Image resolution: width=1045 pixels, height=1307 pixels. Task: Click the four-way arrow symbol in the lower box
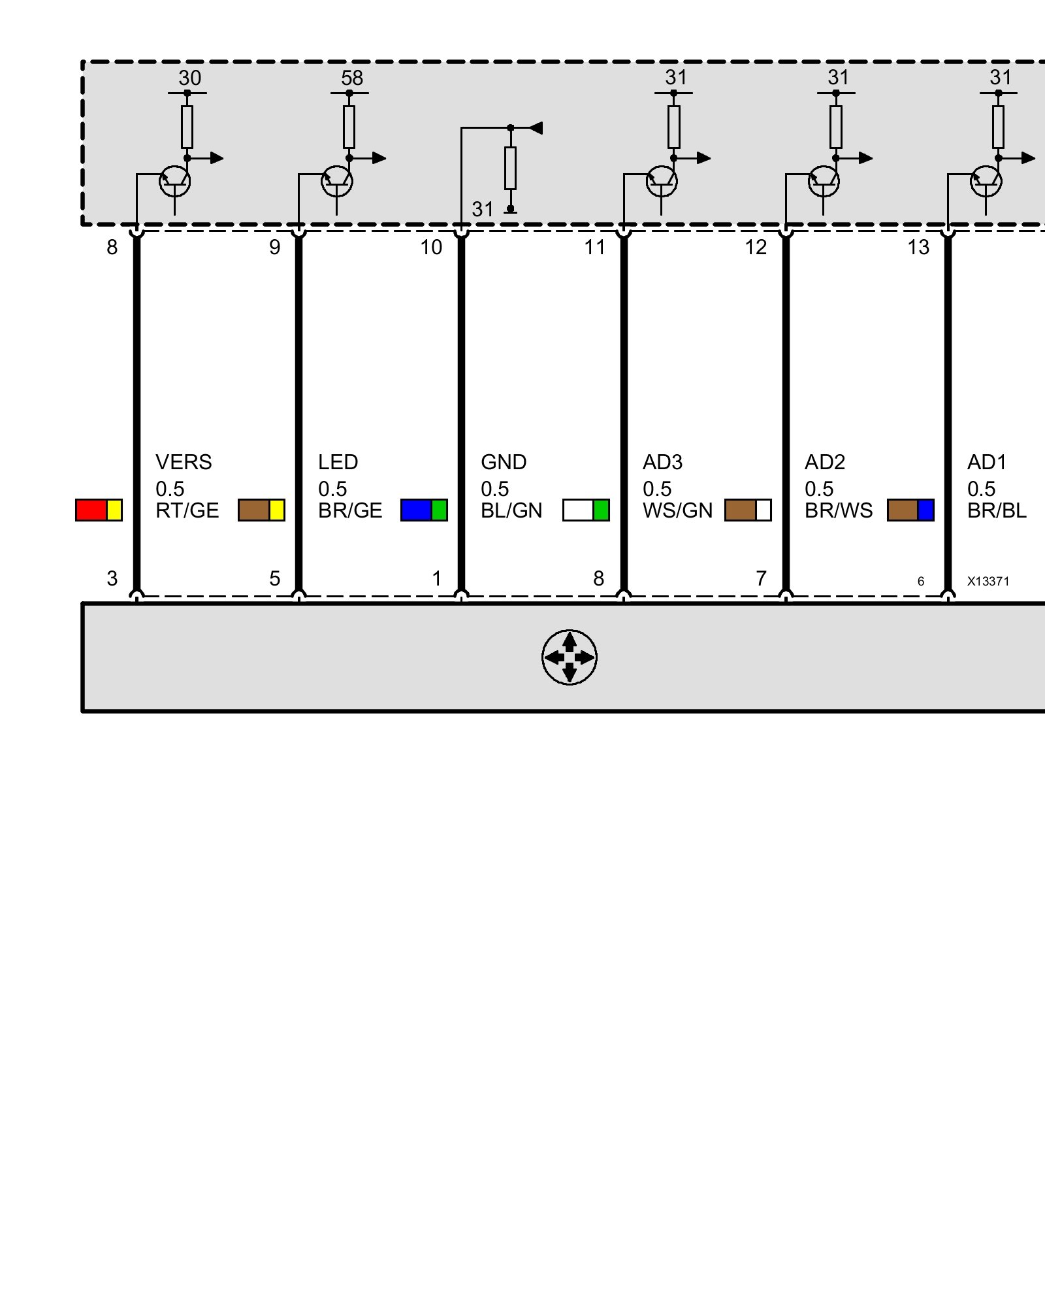pos(569,657)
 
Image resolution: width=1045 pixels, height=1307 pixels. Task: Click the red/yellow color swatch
pos(99,510)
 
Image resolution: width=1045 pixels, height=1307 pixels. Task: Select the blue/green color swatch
pos(424,510)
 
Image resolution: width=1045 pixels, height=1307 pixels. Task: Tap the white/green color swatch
pos(586,510)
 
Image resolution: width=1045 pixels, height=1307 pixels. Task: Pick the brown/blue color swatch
pos(910,510)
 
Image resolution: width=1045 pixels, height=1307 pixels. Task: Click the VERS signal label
pos(184,462)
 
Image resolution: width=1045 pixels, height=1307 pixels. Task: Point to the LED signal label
pos(338,462)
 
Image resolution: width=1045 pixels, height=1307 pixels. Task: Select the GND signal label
pos(504,462)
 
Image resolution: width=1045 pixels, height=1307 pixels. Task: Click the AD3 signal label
pos(662,462)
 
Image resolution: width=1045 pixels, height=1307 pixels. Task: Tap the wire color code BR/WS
pos(839,510)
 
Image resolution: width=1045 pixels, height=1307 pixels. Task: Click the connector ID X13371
pos(988,581)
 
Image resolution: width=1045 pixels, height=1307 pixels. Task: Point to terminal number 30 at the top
pos(190,78)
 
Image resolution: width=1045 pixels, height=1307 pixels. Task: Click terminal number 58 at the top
pos(352,78)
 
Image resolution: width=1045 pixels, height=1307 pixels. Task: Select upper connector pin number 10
pos(431,247)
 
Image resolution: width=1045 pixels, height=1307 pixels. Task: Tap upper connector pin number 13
pos(918,247)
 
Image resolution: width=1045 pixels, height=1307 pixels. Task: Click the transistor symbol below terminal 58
pos(337,181)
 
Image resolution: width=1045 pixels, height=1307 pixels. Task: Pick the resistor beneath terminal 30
pos(187,127)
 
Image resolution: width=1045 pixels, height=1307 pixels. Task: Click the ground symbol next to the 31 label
pos(511,209)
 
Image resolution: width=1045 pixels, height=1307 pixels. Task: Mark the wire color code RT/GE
pos(187,510)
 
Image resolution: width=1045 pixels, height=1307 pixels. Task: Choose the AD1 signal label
pos(987,462)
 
